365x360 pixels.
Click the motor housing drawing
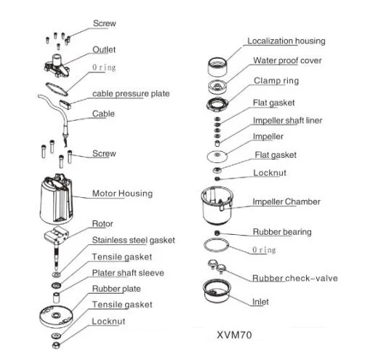(x=56, y=199)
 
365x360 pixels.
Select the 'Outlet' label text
(x=104, y=49)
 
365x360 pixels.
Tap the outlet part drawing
(x=57, y=65)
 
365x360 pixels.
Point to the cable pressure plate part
(x=65, y=104)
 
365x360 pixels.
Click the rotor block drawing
(x=56, y=235)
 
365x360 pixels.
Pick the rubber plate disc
(x=56, y=316)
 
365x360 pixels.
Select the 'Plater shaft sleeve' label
(x=128, y=273)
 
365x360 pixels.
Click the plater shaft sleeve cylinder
(x=57, y=297)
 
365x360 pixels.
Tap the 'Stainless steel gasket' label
(x=133, y=240)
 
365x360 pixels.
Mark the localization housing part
(x=217, y=66)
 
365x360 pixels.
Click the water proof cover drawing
(x=217, y=87)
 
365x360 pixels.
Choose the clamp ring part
(x=217, y=104)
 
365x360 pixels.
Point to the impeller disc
(x=217, y=156)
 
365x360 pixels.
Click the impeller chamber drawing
(x=217, y=205)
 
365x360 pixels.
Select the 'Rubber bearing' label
(x=282, y=232)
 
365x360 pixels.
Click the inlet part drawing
(x=217, y=291)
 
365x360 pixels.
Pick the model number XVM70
(x=234, y=335)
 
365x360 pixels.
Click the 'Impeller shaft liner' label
(x=287, y=121)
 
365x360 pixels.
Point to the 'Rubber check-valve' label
(x=295, y=278)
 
